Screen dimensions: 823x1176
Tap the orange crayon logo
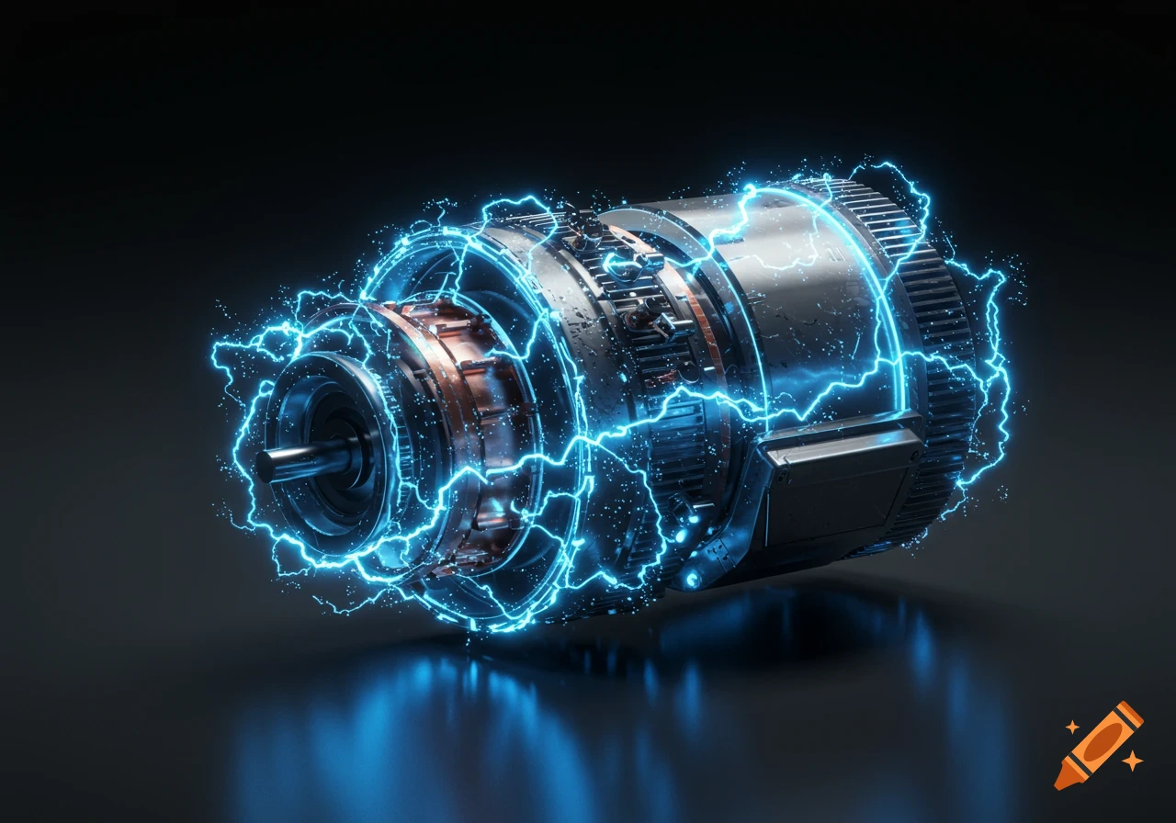pos(1098,745)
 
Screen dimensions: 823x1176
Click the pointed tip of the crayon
pos(1060,784)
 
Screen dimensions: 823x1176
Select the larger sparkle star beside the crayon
pos(1133,761)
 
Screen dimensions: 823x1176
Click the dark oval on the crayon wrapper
pos(1100,743)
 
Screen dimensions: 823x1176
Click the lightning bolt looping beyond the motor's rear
pos(997,367)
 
